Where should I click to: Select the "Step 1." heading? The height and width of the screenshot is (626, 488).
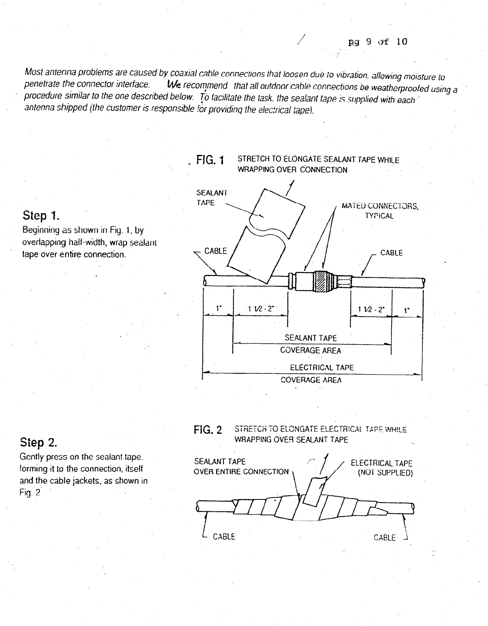point(41,216)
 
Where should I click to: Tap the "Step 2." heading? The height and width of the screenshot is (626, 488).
point(39,443)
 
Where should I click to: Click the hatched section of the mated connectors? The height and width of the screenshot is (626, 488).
point(323,280)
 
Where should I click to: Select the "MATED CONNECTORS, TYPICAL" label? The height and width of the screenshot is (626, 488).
point(379,211)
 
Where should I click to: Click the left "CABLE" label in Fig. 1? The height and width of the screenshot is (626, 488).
point(216,251)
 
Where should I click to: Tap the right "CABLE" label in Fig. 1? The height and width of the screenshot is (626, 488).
point(392,253)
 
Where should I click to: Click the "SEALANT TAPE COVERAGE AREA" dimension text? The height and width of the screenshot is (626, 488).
point(311,344)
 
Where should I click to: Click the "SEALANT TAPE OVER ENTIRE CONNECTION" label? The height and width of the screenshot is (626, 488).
point(240,466)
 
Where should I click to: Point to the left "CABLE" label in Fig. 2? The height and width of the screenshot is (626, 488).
point(223,537)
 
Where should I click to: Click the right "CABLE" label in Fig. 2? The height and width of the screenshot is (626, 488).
point(385,537)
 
